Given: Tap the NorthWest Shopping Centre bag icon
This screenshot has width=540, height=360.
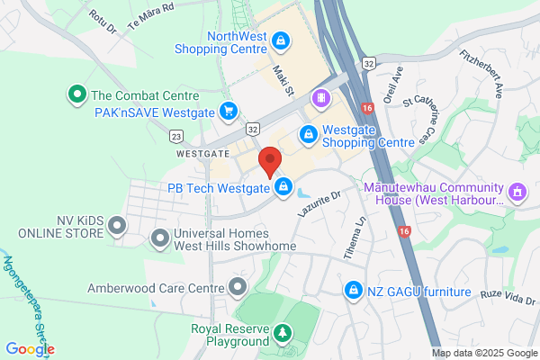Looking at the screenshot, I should pos(281,40).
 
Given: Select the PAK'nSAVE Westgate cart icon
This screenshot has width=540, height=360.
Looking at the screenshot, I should pos(229,112).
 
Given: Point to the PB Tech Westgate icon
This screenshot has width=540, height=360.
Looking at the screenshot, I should pos(283,187).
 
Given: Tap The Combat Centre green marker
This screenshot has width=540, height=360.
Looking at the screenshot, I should pos(77,94).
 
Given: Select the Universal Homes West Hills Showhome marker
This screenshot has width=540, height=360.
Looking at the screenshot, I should pos(159,238).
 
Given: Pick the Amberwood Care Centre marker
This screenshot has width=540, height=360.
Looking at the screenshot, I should pos(238,288).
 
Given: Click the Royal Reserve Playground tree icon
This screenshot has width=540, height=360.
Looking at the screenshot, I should pos(283,335).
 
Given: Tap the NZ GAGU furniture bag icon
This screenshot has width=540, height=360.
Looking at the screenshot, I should pos(355,292).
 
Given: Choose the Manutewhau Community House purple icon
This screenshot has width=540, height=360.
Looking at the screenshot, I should pos(517,192).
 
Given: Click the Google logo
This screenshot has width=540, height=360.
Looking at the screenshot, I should pos(30,349).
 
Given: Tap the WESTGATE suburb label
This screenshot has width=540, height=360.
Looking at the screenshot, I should pos(203,154).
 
